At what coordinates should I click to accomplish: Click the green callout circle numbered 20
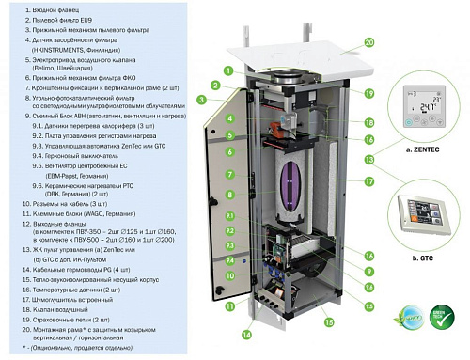368,42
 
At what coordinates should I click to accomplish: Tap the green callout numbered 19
368,94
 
